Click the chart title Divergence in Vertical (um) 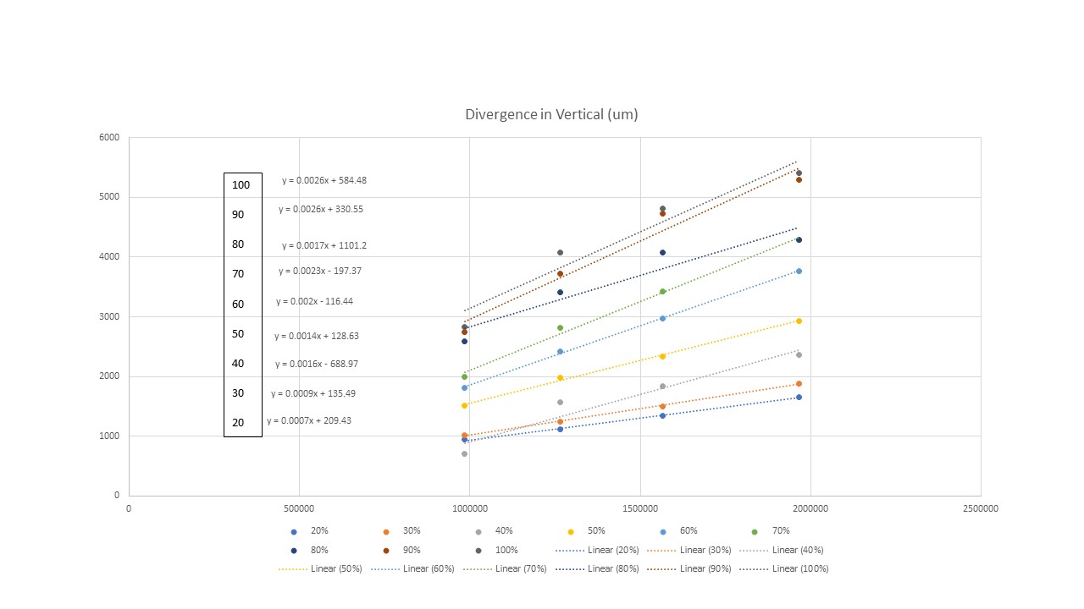(x=551, y=114)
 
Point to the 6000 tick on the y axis (x=111, y=137)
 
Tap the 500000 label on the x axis (x=299, y=508)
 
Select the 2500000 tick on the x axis (x=981, y=508)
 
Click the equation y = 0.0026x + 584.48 (x=324, y=180)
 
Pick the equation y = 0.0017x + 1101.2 (x=324, y=245)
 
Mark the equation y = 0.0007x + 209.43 (x=309, y=420)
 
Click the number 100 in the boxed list (x=241, y=184)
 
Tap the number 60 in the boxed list (x=238, y=304)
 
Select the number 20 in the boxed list (x=238, y=422)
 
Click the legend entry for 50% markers (x=590, y=531)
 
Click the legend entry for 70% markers (x=773, y=531)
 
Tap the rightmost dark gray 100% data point (x=799, y=173)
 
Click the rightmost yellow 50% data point (x=799, y=321)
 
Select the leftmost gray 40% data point (x=464, y=453)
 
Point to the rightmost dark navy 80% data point (x=799, y=239)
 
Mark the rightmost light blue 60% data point (x=799, y=271)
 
